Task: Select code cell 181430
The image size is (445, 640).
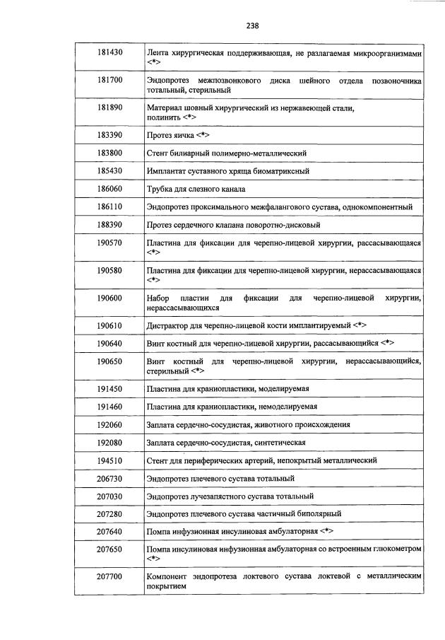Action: [109, 53]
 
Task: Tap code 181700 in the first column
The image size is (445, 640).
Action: [109, 81]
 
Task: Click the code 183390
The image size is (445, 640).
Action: [109, 134]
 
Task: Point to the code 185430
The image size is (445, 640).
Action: [109, 170]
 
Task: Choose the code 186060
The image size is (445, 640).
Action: [109, 189]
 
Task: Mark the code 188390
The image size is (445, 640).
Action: [109, 225]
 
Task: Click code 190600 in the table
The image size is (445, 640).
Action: [109, 298]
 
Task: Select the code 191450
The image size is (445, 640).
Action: [109, 388]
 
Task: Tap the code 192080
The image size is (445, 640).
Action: [109, 442]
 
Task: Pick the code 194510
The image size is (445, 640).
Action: [109, 460]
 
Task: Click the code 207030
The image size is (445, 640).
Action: [109, 496]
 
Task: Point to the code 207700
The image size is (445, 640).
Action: [109, 577]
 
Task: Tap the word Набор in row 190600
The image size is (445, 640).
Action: [159, 298]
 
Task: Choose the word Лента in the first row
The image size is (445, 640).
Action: [158, 53]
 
